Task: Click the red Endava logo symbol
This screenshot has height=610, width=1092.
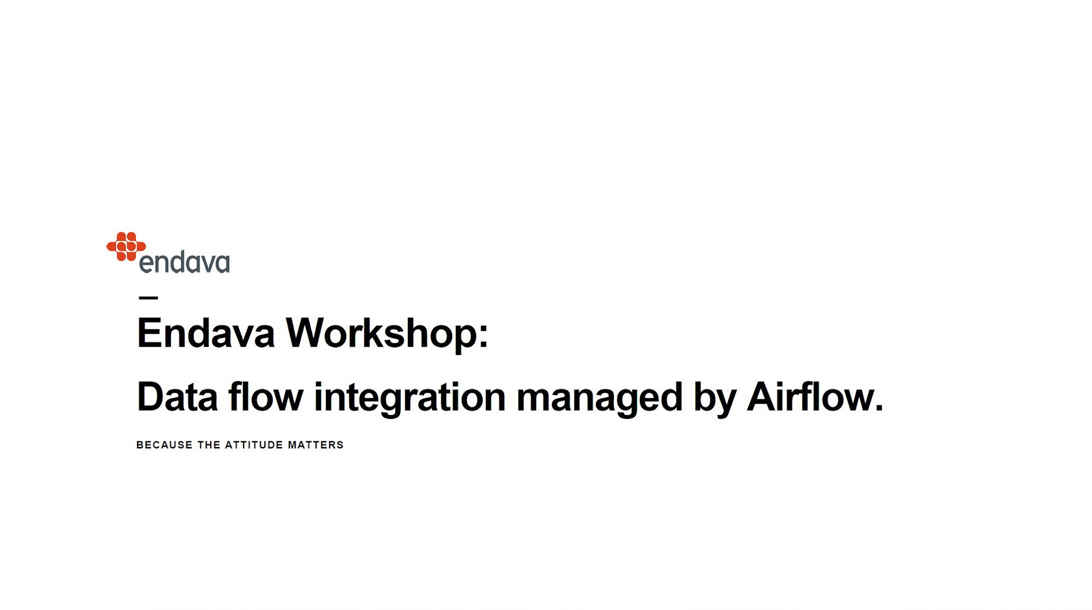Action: (126, 246)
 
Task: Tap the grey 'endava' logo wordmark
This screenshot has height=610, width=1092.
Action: (185, 262)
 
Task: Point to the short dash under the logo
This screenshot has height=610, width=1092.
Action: (149, 298)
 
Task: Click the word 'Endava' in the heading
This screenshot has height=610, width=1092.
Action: (205, 333)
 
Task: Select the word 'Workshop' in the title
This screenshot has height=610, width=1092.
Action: (382, 334)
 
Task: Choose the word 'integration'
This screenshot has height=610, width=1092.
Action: (410, 398)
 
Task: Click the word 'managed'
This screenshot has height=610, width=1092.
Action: (600, 399)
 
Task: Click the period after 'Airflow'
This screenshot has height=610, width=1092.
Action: (879, 407)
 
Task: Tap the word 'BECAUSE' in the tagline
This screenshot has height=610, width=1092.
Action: (164, 445)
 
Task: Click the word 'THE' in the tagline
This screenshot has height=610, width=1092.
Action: (209, 445)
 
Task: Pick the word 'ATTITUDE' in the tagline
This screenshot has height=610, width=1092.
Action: (254, 445)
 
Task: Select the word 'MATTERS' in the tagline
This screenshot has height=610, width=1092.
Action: (316, 445)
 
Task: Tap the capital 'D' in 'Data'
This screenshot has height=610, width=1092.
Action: (151, 397)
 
